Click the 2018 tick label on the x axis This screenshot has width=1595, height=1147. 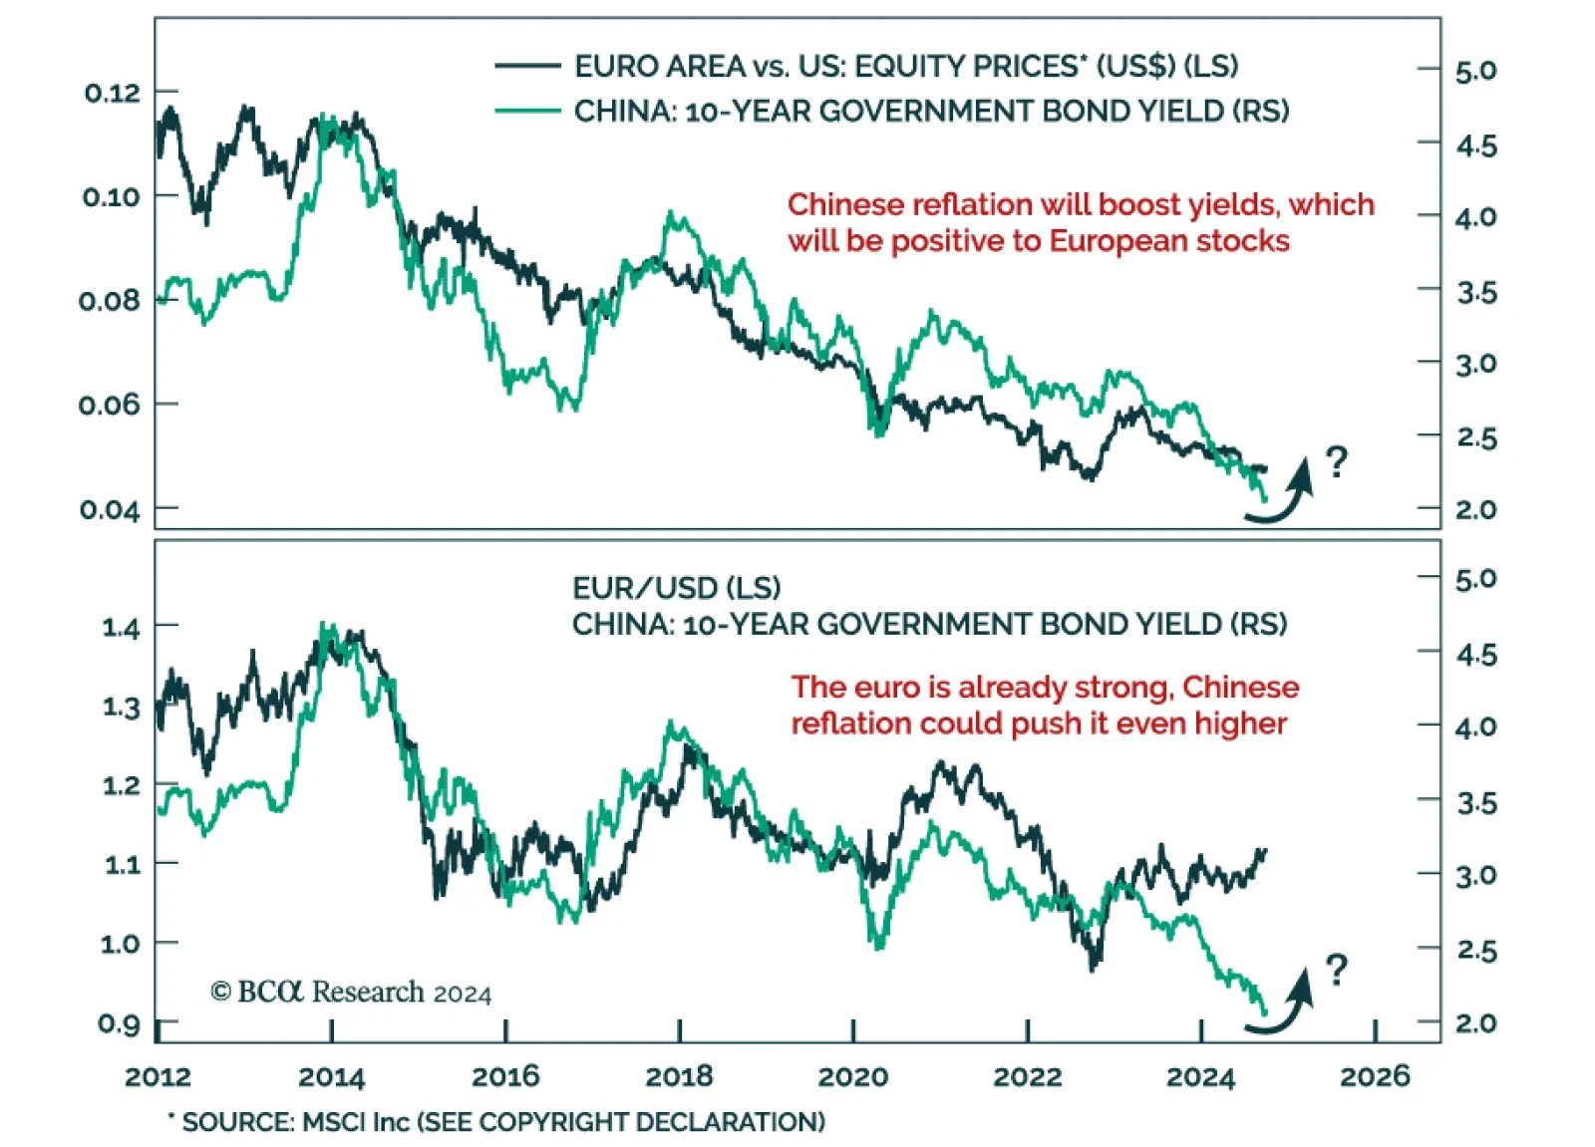coord(679,1076)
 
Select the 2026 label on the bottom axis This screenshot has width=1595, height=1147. coord(1375,1076)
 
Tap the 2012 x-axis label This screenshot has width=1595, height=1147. coord(158,1076)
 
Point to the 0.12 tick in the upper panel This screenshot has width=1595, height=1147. coord(112,94)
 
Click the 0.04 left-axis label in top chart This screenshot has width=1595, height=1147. coord(110,510)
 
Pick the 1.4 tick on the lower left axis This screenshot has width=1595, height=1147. coord(121,628)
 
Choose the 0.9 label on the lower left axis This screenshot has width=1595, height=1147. coord(119,1023)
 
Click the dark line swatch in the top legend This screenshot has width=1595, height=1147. coord(527,66)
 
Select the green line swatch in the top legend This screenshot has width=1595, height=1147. coord(527,111)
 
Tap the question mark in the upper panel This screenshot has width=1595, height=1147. coord(1337,461)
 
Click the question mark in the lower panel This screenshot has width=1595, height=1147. coord(1337,969)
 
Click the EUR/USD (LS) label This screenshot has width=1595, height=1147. coord(676,588)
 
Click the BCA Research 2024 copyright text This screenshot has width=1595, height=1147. coord(351,993)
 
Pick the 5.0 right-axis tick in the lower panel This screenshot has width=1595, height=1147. coord(1475,579)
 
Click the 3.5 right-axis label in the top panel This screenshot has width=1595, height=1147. coord(1476,293)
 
